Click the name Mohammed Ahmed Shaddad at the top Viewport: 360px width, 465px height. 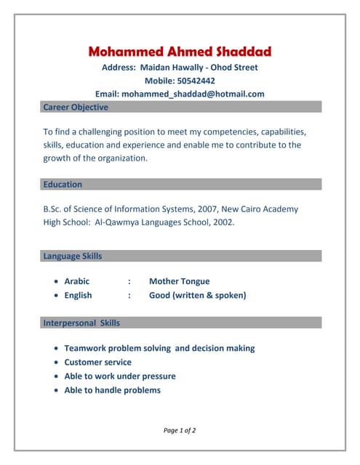[x=180, y=52]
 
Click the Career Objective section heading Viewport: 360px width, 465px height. [x=76, y=108]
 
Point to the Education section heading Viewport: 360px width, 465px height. [x=63, y=185]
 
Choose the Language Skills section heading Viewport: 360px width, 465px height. [x=73, y=256]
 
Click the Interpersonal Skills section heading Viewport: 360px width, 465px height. [x=81, y=323]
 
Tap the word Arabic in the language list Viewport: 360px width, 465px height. [x=77, y=281]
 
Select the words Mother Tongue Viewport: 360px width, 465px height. [x=179, y=281]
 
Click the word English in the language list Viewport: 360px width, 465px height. [x=78, y=295]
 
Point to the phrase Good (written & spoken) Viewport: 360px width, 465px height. [x=197, y=295]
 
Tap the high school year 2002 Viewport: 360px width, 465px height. [x=223, y=222]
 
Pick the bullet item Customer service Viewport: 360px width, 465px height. [x=97, y=362]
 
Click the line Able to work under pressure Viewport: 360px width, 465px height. [x=120, y=376]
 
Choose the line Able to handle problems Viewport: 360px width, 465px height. [x=112, y=390]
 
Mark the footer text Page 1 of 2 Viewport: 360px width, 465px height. [x=180, y=430]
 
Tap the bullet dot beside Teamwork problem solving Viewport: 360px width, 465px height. [x=57, y=349]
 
